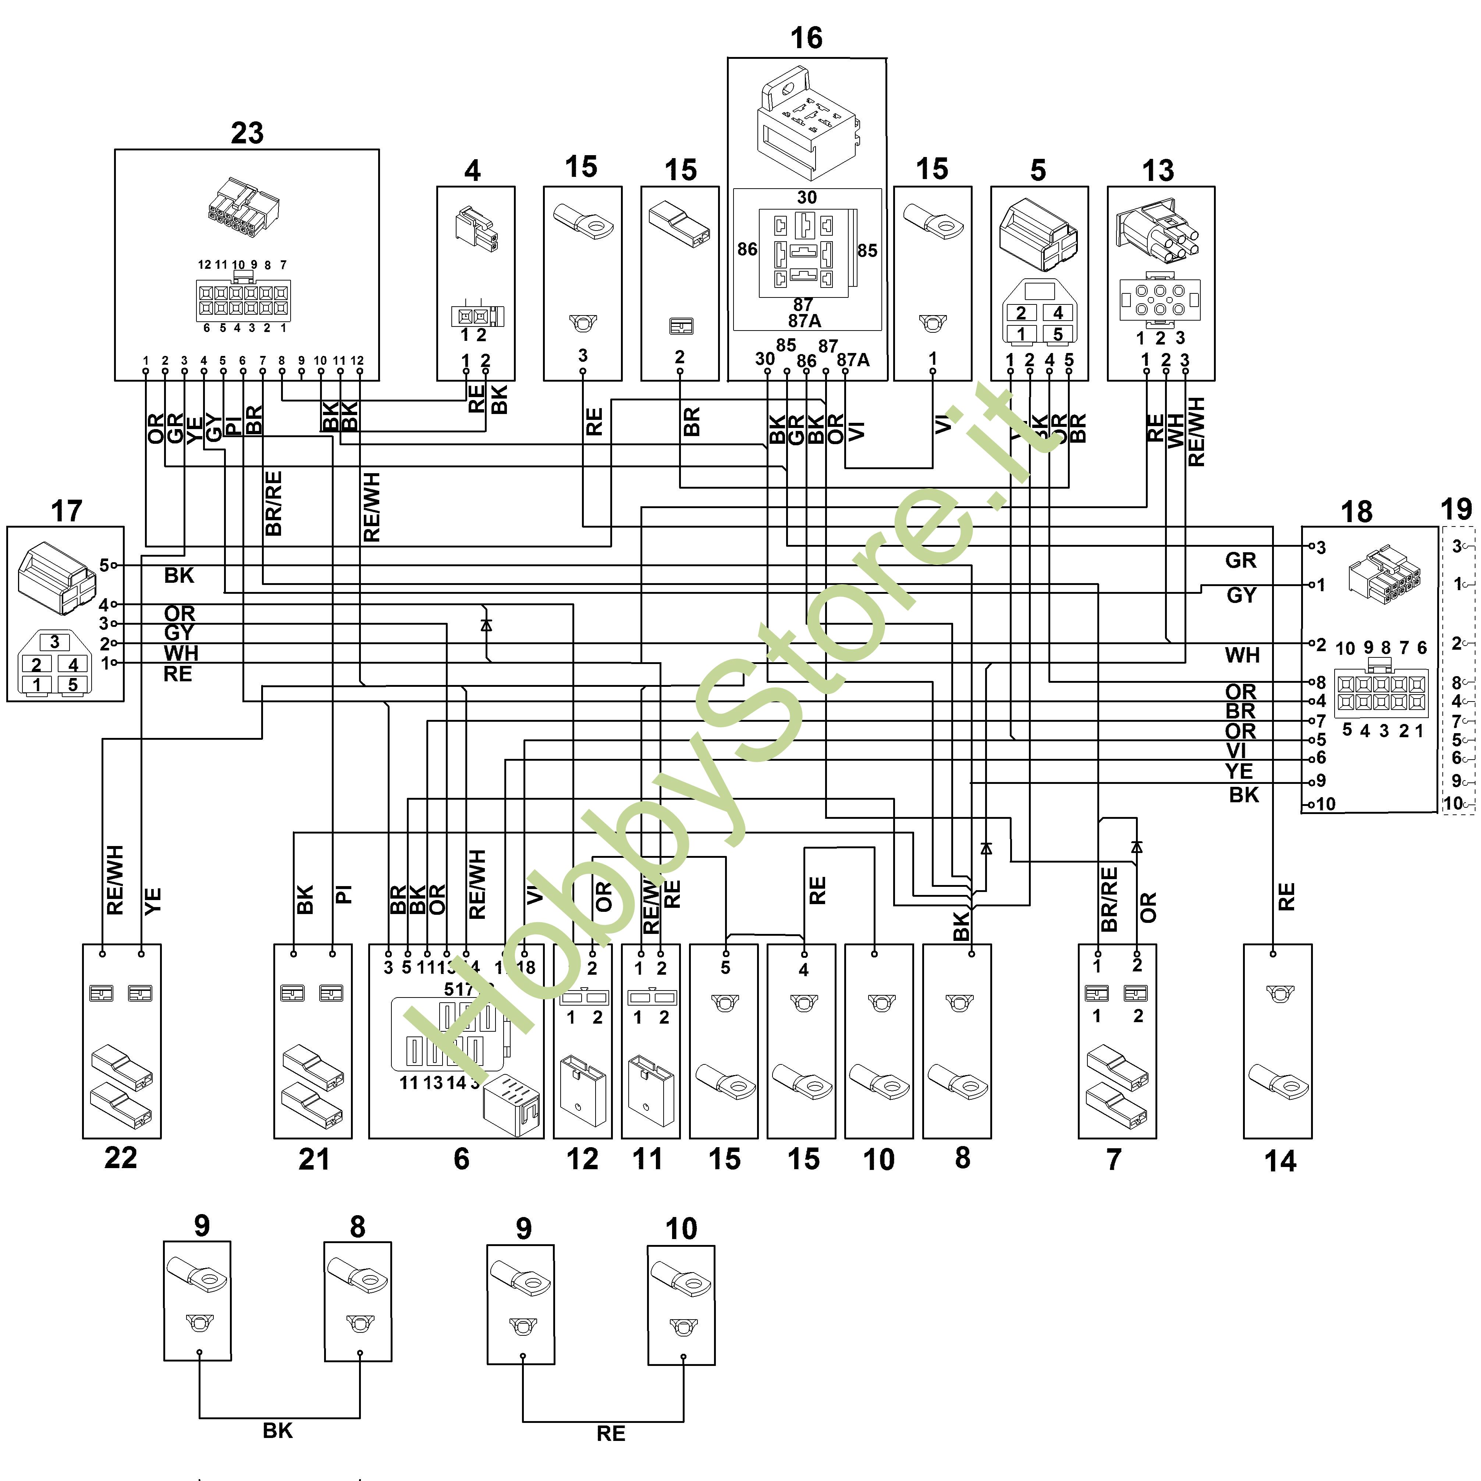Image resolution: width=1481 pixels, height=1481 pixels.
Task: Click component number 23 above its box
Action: click(x=247, y=133)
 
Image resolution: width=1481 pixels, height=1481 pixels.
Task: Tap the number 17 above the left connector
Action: click(x=66, y=511)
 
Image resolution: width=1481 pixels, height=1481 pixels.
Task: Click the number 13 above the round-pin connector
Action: click(x=1157, y=170)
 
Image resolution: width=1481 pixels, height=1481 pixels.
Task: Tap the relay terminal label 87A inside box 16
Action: click(x=804, y=320)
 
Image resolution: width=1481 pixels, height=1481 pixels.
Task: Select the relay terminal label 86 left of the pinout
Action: click(x=747, y=249)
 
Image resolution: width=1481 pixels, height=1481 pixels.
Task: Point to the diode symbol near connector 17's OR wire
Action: click(x=486, y=625)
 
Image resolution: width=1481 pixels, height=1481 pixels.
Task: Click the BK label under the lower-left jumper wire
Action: click(x=278, y=1430)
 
